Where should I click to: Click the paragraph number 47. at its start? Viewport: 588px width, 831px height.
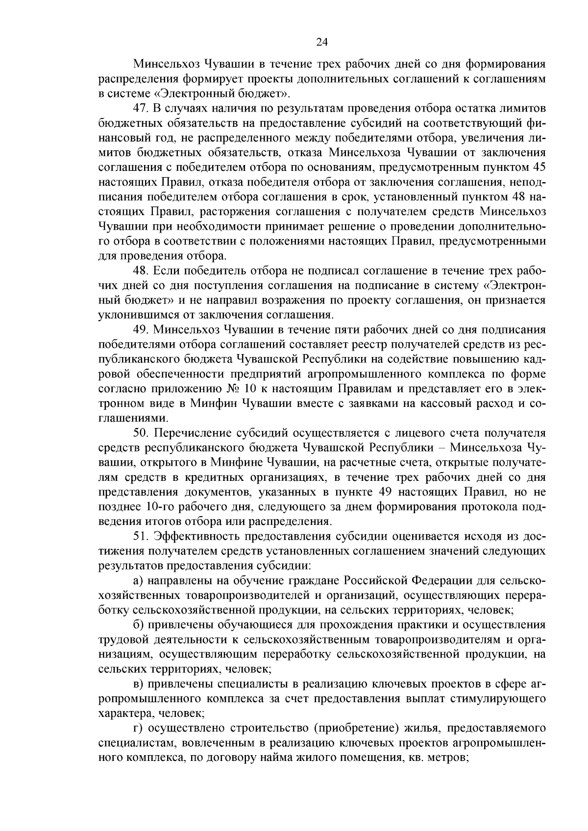click(x=143, y=108)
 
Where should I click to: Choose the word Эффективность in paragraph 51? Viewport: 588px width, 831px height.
click(x=198, y=537)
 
